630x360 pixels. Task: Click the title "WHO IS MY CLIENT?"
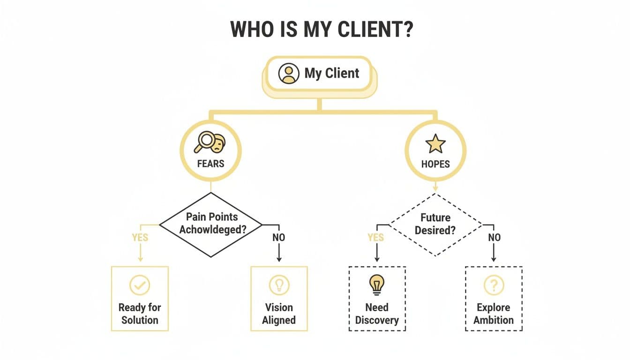click(x=321, y=30)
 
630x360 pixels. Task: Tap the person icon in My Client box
click(x=288, y=74)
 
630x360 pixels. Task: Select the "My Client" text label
click(x=332, y=73)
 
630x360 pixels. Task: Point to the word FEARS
click(x=210, y=164)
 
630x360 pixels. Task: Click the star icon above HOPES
click(x=435, y=144)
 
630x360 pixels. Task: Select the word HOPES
click(x=435, y=164)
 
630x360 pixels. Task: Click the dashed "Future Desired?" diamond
click(x=435, y=224)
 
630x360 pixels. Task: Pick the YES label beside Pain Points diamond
click(x=140, y=238)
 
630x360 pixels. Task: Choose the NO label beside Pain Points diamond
click(x=279, y=238)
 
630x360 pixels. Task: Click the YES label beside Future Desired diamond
click(x=376, y=238)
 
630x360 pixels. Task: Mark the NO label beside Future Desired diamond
click(x=494, y=238)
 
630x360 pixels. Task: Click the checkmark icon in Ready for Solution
click(x=140, y=285)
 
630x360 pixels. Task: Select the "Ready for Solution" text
click(x=140, y=314)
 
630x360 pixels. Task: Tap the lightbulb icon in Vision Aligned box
click(x=279, y=285)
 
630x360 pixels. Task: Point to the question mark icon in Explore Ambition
click(x=494, y=285)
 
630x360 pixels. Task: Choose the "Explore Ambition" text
click(x=494, y=314)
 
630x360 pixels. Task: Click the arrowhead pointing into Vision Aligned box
click(x=279, y=259)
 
